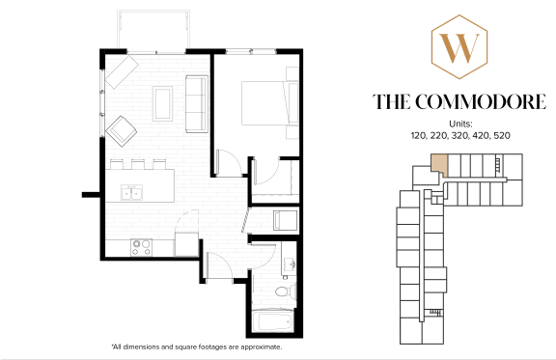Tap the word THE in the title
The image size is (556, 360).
pos(394,101)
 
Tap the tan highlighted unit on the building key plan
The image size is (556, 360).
pos(439,164)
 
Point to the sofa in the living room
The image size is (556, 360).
pos(196,102)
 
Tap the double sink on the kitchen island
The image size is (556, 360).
pos(131,193)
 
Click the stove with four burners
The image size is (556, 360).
pos(142,246)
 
